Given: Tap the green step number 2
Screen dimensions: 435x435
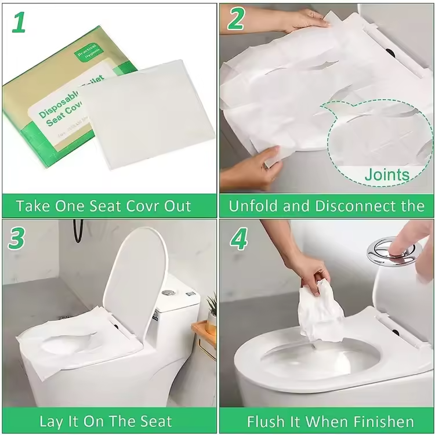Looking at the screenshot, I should tap(235, 20).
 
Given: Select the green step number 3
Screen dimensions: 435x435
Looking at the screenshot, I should tap(17, 238).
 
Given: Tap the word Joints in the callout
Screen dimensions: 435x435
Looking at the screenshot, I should tap(387, 174).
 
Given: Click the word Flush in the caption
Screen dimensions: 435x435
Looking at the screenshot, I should tap(264, 422).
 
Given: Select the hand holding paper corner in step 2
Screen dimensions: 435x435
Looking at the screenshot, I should tap(252, 171).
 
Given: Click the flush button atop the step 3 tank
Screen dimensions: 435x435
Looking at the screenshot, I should tap(169, 292).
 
